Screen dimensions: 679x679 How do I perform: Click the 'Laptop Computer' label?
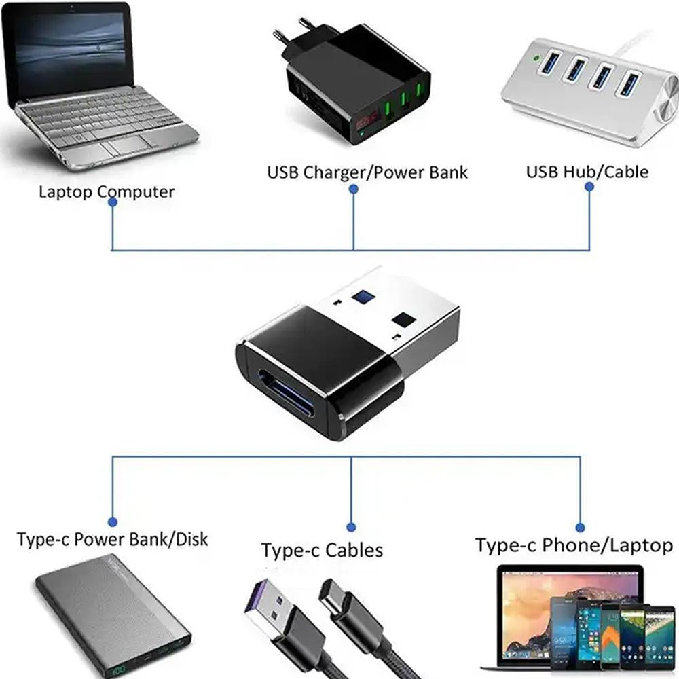tap(106, 191)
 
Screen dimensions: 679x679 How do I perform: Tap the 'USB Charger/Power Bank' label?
tap(367, 172)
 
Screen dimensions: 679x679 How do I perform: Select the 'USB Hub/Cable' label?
tap(587, 171)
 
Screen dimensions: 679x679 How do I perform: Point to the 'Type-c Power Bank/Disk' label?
tap(112, 540)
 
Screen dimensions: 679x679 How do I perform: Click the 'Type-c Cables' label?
tap(322, 549)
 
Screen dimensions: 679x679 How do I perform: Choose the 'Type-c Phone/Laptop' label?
tap(574, 545)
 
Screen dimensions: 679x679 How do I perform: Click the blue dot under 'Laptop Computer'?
tap(113, 202)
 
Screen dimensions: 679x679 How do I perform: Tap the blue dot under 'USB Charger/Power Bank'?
tap(353, 189)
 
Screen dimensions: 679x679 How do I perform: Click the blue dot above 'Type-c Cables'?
tap(351, 527)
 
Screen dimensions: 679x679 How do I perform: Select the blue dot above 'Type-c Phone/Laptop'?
tap(580, 527)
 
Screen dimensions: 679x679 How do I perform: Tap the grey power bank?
tap(112, 614)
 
